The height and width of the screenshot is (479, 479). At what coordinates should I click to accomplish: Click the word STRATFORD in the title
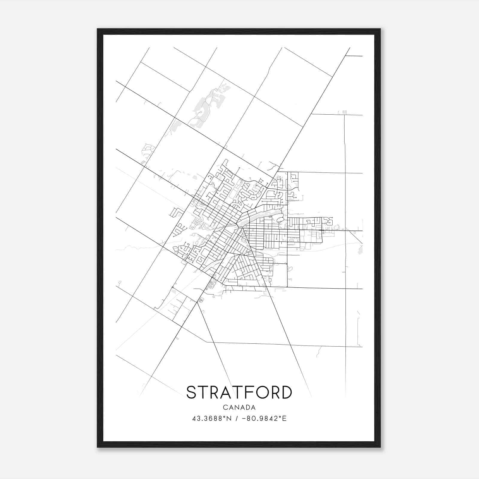(x=239, y=392)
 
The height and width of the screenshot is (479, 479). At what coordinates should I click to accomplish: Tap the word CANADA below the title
(x=239, y=407)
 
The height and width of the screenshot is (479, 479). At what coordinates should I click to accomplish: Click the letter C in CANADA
(x=225, y=407)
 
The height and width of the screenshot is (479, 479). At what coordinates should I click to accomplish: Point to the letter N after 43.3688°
(x=229, y=419)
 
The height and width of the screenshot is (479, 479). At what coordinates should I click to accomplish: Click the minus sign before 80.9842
(x=244, y=419)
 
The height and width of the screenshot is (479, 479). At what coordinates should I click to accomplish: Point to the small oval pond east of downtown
(x=281, y=220)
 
